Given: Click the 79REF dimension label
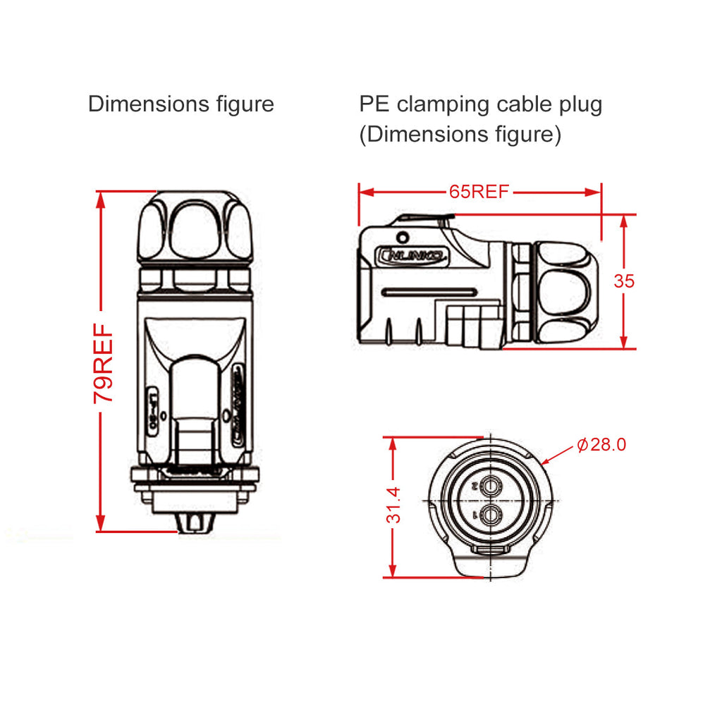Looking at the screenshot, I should pos(103,363).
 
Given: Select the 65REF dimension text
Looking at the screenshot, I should pos(479,192).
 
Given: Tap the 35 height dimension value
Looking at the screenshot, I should pos(624,281).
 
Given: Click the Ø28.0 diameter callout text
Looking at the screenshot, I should pos(601,445).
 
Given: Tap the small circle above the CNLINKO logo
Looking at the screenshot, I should pos(403,237).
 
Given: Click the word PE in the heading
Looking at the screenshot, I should pos(374,105).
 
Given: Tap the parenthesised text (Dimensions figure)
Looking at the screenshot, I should pos(460,134).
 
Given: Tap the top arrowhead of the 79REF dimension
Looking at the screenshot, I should pos(102,198).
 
